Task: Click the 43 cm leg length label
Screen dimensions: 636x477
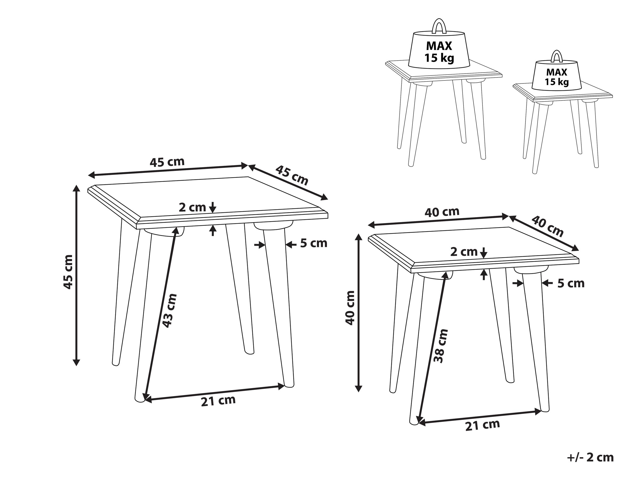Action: point(169,311)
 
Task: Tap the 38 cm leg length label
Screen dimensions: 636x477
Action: point(441,346)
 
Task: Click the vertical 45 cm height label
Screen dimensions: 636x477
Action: point(68,272)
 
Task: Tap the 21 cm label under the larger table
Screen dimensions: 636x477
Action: point(218,400)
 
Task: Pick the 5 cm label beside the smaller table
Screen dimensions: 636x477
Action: point(571,283)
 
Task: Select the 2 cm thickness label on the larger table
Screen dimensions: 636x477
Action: point(192,207)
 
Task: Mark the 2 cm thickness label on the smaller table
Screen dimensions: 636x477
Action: point(464,252)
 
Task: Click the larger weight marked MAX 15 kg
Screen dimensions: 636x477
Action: point(439,44)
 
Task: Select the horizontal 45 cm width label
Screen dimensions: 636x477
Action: point(167,162)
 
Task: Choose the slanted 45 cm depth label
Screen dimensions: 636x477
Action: point(292,175)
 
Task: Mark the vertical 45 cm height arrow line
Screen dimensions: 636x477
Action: point(76,276)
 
